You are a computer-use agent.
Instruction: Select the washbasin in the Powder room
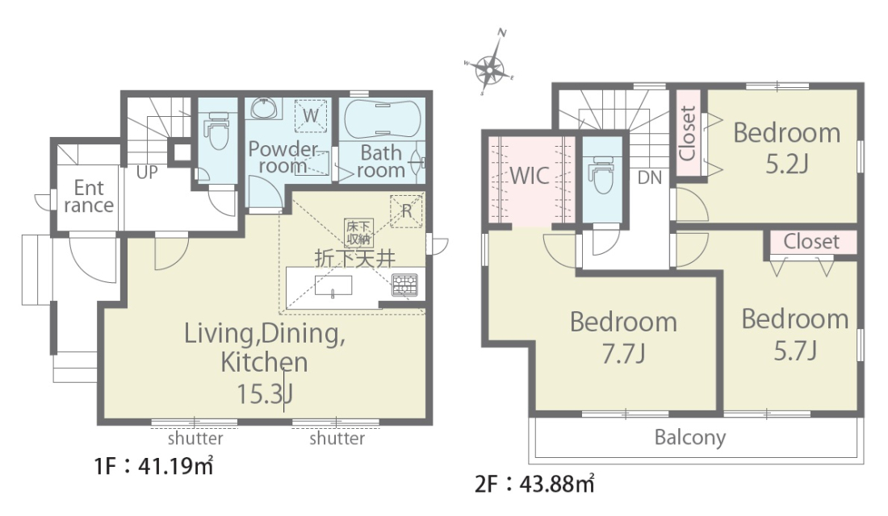[x=264, y=108]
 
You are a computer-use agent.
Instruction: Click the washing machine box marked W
[x=310, y=116]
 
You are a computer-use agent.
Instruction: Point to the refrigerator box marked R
[x=406, y=211]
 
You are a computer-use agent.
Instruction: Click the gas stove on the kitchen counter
[x=405, y=285]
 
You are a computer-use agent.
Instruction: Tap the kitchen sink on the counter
[x=333, y=285]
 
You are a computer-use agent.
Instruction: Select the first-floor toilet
[x=217, y=131]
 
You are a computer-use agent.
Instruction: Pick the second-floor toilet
[x=601, y=175]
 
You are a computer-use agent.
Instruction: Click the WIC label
[x=530, y=176]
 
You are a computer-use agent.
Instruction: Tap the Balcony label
[x=689, y=438]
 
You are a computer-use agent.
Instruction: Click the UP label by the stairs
[x=147, y=173]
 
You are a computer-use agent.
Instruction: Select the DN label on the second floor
[x=650, y=177]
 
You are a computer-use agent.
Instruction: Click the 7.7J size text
[x=623, y=354]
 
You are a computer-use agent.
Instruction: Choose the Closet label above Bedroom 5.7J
[x=811, y=242]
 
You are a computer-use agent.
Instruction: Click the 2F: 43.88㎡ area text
[x=535, y=484]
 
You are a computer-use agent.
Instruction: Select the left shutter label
[x=195, y=439]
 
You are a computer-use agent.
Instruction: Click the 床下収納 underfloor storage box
[x=358, y=233]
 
